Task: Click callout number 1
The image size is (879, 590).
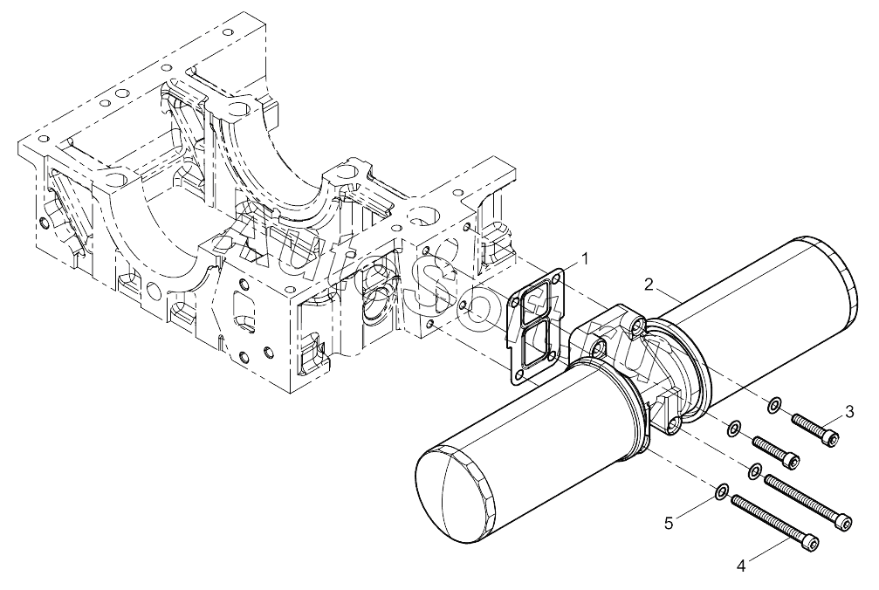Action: click(584, 259)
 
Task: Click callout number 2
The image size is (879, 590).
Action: click(649, 285)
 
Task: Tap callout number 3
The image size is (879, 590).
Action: click(850, 412)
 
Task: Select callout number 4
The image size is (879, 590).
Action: click(741, 566)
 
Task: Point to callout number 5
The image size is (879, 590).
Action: click(669, 524)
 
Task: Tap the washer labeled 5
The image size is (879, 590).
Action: click(723, 491)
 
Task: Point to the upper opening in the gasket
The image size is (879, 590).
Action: click(534, 305)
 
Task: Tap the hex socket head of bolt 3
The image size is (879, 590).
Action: click(833, 440)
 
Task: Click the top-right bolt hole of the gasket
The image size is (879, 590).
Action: click(556, 278)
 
